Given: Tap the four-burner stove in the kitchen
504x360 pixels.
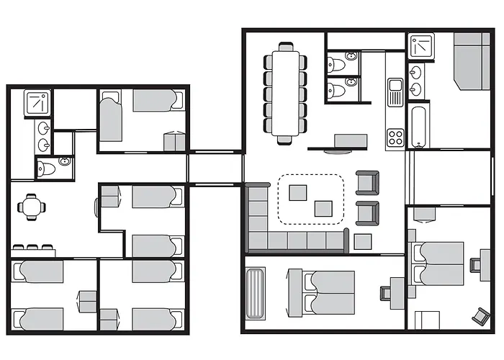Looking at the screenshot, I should [x=396, y=136].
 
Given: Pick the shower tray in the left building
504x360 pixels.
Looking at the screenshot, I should [x=36, y=104].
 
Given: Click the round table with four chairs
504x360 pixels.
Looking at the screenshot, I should [x=31, y=207].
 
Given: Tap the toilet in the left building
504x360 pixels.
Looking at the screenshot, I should [x=47, y=168].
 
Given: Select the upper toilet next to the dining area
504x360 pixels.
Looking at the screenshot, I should [x=341, y=63].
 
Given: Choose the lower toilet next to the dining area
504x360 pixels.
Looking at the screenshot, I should [x=340, y=89].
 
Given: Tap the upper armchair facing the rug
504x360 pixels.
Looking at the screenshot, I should [x=368, y=182].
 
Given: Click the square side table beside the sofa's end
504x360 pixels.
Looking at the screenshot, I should [x=363, y=241].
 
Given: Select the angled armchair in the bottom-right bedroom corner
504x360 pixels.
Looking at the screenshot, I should [x=480, y=315].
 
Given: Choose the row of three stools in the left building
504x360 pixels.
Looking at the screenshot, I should [x=32, y=248].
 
